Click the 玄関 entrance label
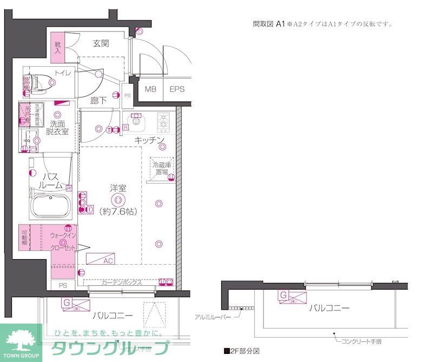[x=101, y=43]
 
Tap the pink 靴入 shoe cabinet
[x=58, y=48]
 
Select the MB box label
[x=150, y=89]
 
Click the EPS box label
[x=177, y=89]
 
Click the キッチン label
[x=149, y=140]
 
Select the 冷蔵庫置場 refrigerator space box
[x=162, y=168]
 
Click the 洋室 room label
[x=118, y=188]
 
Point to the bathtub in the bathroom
[x=50, y=206]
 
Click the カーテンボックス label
[x=122, y=282]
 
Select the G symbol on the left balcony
[x=66, y=302]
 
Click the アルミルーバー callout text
[x=213, y=316]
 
